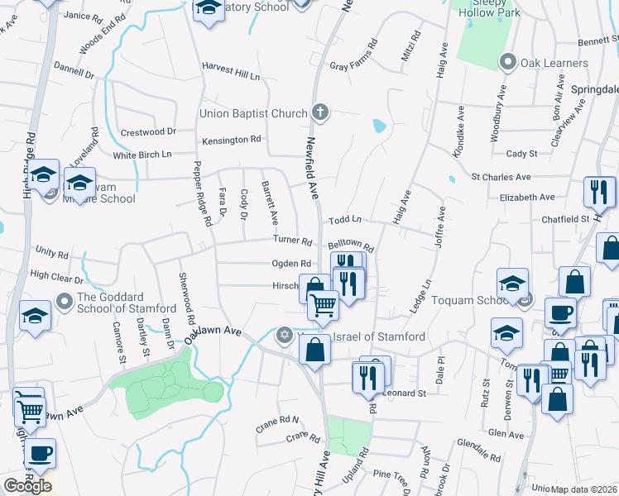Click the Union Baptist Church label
(252, 113)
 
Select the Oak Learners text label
(554, 63)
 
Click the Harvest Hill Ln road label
(231, 75)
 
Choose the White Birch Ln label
(142, 155)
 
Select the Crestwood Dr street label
(148, 131)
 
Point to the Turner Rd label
(293, 241)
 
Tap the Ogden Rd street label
(290, 264)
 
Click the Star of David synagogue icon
(285, 335)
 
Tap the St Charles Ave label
(501, 177)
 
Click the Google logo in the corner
(27, 486)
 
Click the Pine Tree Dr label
(393, 474)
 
